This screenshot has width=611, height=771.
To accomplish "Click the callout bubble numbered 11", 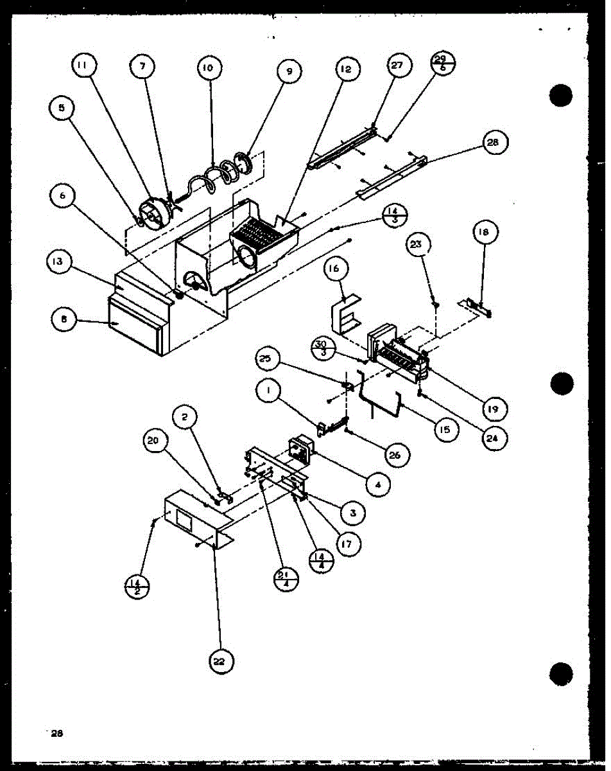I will (84, 66).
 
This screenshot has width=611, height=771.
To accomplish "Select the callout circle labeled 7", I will (142, 66).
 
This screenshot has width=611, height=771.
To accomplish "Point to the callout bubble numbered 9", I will (289, 72).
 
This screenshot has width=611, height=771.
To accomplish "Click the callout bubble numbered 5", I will (62, 109).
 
